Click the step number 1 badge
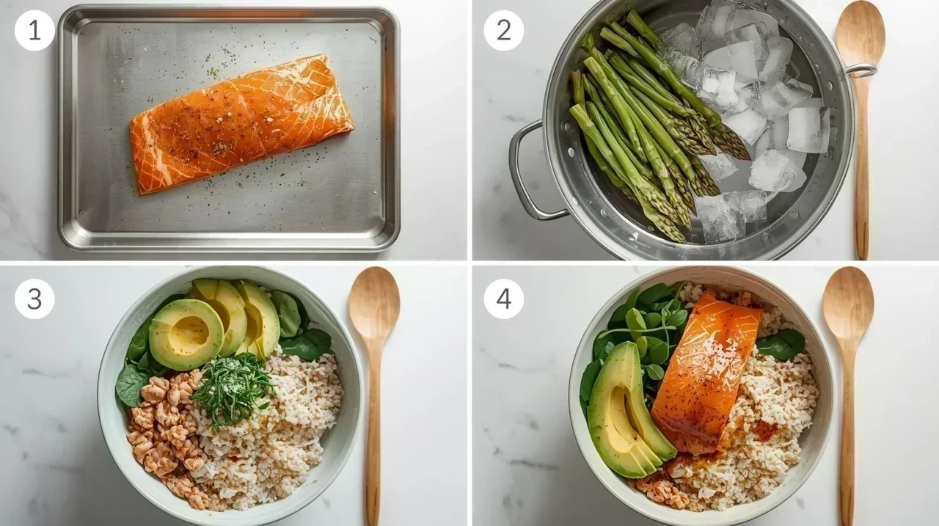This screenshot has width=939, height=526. (34, 31)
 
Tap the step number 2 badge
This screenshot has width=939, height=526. (503, 31)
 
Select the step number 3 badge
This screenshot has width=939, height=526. (34, 299)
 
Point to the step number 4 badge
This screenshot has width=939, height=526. (503, 299)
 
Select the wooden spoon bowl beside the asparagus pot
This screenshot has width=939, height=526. (861, 36)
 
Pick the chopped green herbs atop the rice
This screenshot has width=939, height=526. (232, 389)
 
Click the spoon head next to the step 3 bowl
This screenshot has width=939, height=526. (374, 302)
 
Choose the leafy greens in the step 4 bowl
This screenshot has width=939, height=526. (648, 331)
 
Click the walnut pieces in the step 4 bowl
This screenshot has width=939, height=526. (662, 490)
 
